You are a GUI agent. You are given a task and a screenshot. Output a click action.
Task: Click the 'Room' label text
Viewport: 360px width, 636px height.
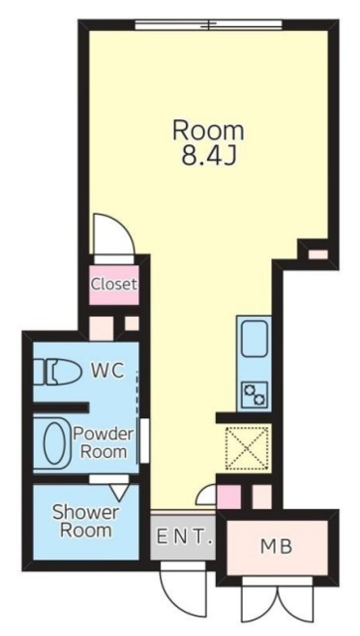208,130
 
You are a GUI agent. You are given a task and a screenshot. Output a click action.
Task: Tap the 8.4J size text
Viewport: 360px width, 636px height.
208,156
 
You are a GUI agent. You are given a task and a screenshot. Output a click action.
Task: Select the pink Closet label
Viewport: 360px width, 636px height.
113,284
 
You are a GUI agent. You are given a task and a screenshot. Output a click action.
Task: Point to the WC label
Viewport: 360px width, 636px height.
106,371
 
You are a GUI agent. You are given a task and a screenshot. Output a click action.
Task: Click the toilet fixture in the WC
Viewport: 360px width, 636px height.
60,373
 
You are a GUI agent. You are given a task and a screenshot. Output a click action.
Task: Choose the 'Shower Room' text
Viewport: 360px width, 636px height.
85,520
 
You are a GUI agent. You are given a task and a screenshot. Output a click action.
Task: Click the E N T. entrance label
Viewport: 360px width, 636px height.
184,538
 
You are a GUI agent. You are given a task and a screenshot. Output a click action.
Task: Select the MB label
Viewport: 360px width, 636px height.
274,546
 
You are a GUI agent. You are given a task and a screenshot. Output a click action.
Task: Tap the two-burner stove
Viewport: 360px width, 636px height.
254,394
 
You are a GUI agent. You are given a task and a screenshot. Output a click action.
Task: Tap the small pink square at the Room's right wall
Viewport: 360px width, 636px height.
315,255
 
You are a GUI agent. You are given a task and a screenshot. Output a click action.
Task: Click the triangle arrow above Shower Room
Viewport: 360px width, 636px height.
119,489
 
